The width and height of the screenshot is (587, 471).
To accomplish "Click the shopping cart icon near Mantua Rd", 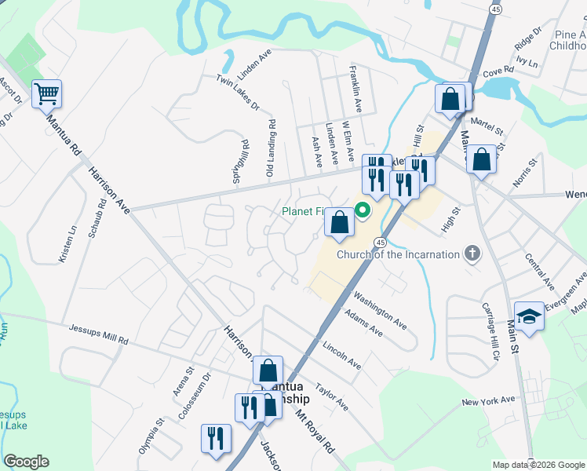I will (x=46, y=94).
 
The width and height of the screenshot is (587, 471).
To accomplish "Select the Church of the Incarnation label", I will (x=399, y=254).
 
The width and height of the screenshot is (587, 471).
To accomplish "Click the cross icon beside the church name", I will (x=472, y=253).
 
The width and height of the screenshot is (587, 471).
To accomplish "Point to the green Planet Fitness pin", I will (x=363, y=210).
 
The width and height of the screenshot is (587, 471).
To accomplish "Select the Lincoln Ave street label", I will (x=341, y=354).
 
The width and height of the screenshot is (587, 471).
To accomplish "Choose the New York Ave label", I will (x=488, y=402).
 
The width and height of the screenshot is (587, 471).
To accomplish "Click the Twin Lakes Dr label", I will (x=237, y=93).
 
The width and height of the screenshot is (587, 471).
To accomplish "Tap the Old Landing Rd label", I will (x=272, y=146).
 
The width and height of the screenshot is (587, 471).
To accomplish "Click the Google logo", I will (x=27, y=462).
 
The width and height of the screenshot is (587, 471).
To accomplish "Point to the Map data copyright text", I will (x=538, y=465).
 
